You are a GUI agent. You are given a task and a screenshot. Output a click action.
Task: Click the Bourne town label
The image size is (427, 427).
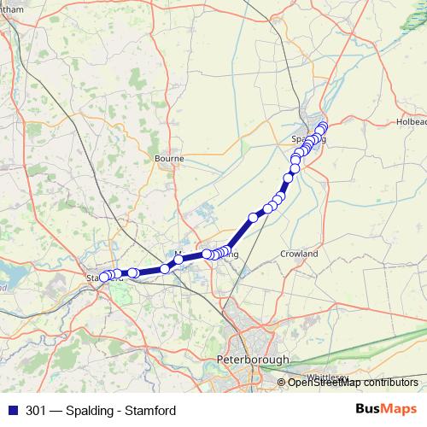(x=169, y=158)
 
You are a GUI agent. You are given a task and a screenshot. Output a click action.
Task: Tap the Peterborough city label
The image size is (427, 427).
(x=254, y=360)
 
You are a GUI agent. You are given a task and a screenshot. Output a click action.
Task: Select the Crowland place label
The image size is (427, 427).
(x=299, y=254)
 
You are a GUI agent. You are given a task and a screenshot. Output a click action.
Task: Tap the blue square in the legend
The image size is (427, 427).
(x=13, y=411)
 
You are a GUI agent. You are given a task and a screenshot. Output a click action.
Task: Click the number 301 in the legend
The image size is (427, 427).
(x=36, y=411)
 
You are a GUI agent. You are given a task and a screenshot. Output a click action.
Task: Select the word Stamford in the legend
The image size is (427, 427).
(x=150, y=411)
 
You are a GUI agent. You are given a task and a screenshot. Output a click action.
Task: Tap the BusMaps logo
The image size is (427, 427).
(x=386, y=410)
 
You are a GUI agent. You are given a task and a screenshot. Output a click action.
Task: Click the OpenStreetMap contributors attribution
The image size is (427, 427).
(x=353, y=382)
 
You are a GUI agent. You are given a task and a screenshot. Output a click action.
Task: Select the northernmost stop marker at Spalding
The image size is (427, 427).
(x=323, y=126)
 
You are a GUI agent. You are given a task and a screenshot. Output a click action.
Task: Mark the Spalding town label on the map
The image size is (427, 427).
(x=308, y=139)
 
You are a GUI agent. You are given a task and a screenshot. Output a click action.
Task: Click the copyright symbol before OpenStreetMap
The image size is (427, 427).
(x=283, y=382)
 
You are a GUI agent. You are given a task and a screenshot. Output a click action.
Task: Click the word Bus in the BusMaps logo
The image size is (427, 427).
(x=367, y=410)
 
